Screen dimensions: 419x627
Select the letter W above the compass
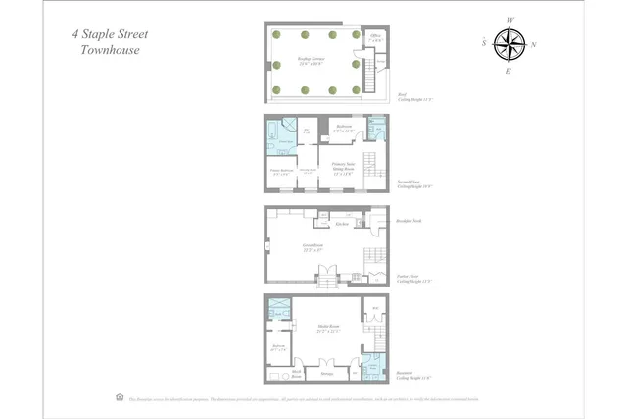pyautogui.click(x=510, y=20)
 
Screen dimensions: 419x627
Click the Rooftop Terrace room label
pyautogui.click(x=312, y=61)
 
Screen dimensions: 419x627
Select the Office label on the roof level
pyautogui.click(x=375, y=37)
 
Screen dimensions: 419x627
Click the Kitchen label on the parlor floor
pyautogui.click(x=344, y=224)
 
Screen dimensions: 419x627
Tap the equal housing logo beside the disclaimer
pyautogui.click(x=120, y=397)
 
